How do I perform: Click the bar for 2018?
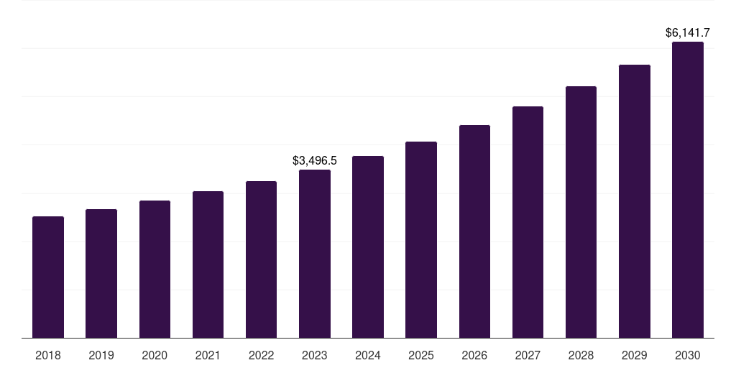pos(48,277)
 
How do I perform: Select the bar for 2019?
pos(101,273)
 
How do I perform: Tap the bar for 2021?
pos(208,264)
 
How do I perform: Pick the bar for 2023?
pos(315,254)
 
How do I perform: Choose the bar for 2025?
pos(421,239)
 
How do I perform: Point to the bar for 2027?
pos(528,222)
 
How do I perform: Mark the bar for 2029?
pos(635,201)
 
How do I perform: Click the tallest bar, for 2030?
pos(688,190)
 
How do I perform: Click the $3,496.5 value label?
pos(315,161)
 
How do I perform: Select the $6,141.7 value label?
pos(688,33)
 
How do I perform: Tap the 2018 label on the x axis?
pos(48,356)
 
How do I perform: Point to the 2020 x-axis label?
pos(155,356)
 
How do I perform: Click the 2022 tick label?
pos(261,356)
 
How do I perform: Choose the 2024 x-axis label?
pos(368,356)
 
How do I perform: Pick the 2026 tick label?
pos(474,356)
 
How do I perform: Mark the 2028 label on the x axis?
pos(581,356)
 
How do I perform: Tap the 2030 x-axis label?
pos(688,356)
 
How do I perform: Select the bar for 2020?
pos(155,269)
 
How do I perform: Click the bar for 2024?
pos(368,247)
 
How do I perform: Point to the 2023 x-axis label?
pos(315,356)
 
